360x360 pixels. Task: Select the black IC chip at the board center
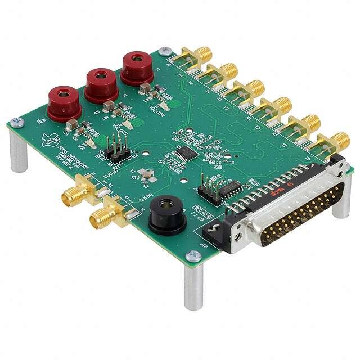(186, 152)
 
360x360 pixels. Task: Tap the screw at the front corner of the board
(193, 255)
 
